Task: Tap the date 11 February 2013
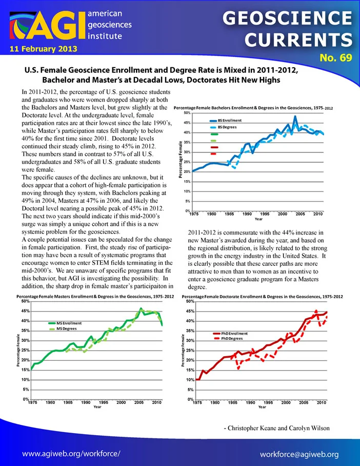click(x=44, y=49)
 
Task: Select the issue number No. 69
click(x=336, y=57)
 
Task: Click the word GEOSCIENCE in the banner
click(x=287, y=18)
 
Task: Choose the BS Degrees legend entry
click(x=223, y=127)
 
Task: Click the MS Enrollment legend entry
click(x=65, y=323)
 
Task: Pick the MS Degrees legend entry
click(x=63, y=328)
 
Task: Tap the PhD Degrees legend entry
click(x=228, y=339)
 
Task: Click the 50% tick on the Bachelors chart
click(x=187, y=113)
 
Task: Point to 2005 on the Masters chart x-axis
click(x=139, y=402)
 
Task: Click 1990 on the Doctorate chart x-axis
click(x=250, y=402)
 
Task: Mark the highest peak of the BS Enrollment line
click(x=295, y=116)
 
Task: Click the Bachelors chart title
click(x=253, y=108)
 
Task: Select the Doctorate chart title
click(x=262, y=297)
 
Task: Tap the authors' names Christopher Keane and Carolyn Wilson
click(x=276, y=428)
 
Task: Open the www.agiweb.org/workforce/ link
click(x=71, y=454)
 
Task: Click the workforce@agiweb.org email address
click(x=299, y=454)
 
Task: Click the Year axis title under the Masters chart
click(x=97, y=406)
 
